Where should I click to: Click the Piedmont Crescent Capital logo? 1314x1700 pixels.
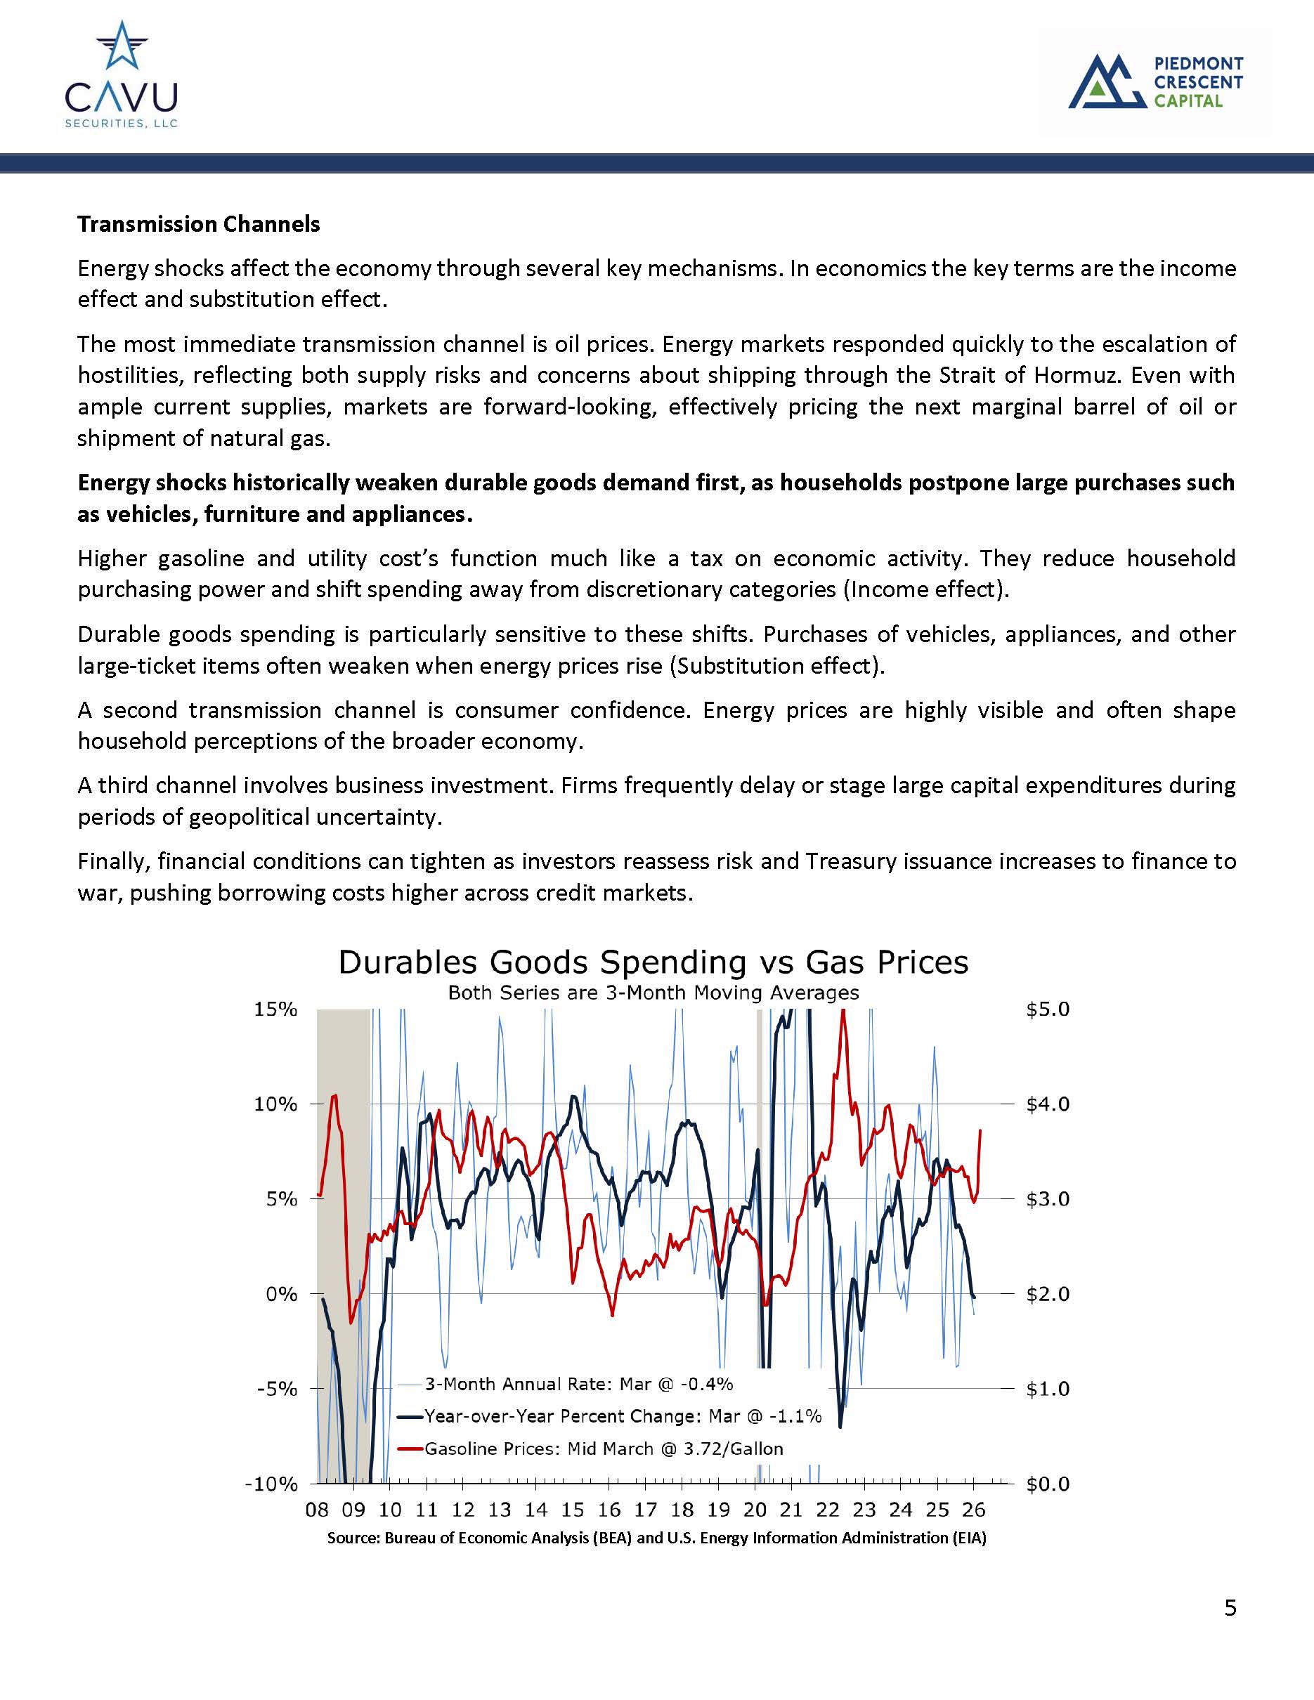coord(1155,81)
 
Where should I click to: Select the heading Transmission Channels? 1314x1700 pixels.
coord(198,224)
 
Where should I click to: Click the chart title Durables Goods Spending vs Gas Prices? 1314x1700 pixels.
coord(653,962)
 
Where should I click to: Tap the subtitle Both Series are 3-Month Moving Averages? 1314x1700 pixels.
coord(653,993)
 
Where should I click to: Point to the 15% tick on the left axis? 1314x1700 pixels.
coord(275,1009)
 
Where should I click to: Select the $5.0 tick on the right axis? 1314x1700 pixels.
coord(1048,1009)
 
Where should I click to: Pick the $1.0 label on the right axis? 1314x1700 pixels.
coord(1048,1389)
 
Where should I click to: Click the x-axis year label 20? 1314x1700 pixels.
coord(754,1510)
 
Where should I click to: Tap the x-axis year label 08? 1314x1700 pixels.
coord(317,1510)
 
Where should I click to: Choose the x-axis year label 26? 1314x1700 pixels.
coord(973,1510)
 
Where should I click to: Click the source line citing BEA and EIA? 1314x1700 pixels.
coord(656,1538)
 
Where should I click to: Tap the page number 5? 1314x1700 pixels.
coord(1230,1608)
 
